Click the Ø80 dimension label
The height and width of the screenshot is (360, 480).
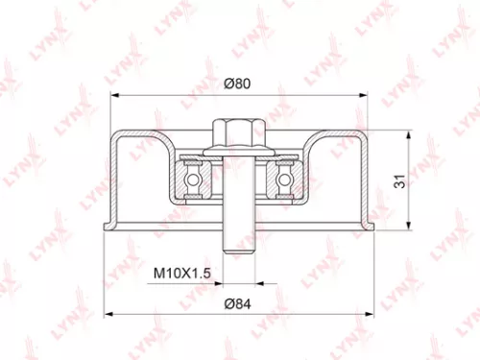(x=237, y=84)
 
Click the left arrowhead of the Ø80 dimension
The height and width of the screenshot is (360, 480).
(x=114, y=96)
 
